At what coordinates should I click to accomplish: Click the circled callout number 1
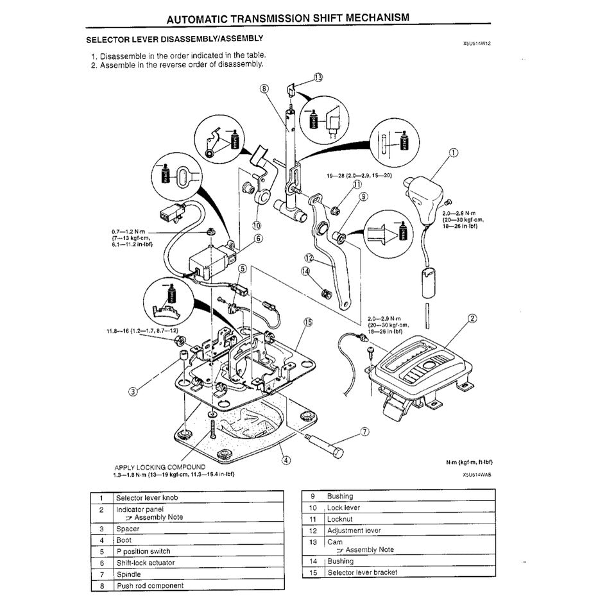click(x=454, y=153)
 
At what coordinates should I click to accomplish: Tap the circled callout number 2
click(x=472, y=318)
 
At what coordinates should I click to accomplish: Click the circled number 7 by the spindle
click(x=364, y=431)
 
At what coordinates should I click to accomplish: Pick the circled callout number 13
click(x=319, y=77)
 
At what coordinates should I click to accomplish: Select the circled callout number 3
click(x=133, y=391)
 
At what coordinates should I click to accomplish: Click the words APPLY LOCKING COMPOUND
click(x=160, y=467)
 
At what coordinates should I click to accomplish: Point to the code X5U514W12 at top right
click(x=480, y=44)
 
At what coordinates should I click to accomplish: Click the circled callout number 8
click(x=264, y=88)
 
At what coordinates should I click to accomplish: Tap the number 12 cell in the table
click(x=313, y=531)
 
